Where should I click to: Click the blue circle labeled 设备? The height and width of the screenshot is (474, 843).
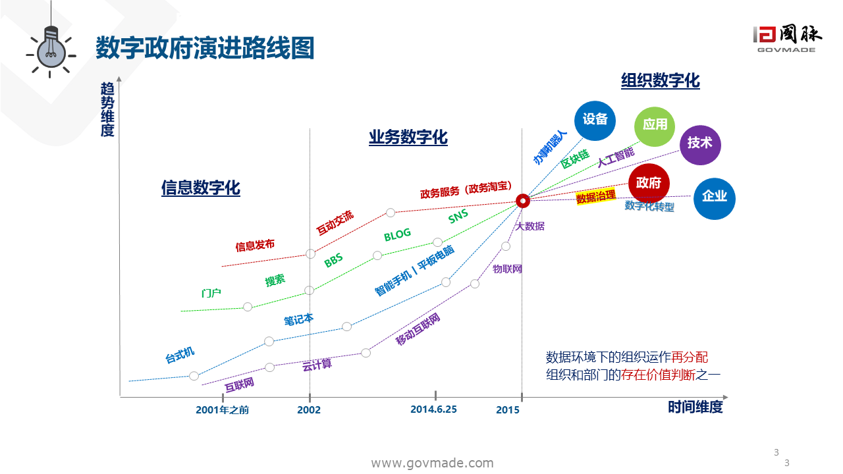click(x=595, y=120)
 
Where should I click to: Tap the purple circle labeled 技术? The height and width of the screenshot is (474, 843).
click(x=700, y=143)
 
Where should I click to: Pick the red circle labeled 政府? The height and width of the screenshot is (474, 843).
click(x=649, y=183)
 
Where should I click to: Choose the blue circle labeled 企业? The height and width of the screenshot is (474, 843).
click(x=715, y=197)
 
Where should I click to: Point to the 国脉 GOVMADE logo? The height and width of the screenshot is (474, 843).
click(x=788, y=39)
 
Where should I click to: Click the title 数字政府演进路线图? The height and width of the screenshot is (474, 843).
click(x=205, y=48)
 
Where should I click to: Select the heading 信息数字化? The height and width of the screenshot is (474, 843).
click(x=201, y=188)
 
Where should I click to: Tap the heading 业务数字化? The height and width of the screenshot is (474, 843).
click(x=408, y=138)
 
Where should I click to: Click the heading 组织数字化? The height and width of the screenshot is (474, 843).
click(x=661, y=81)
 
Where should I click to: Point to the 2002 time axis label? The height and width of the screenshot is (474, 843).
click(x=309, y=409)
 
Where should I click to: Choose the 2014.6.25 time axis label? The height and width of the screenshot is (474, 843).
click(x=433, y=409)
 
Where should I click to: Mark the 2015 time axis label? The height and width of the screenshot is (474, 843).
click(x=508, y=409)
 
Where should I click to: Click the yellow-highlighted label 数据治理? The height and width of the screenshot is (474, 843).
click(x=596, y=196)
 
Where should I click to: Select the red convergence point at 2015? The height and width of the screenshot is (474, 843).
click(x=523, y=201)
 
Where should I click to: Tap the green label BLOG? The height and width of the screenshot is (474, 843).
click(x=397, y=234)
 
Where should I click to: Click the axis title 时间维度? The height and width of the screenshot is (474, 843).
click(x=695, y=408)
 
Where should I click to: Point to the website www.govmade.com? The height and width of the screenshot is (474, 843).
click(x=433, y=463)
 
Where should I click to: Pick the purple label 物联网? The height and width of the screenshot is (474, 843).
click(x=507, y=269)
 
